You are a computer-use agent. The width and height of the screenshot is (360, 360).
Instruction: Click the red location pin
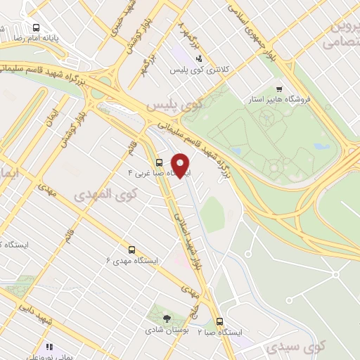(181, 165)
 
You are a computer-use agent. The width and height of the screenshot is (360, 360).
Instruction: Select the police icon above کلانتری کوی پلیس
(199, 59)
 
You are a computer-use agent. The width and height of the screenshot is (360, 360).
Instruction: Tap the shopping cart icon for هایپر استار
(280, 89)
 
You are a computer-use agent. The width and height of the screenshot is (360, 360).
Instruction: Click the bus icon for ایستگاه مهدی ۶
(131, 249)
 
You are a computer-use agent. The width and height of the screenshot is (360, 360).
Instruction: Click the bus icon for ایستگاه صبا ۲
(220, 321)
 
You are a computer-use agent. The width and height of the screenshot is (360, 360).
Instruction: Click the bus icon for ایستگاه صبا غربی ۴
(160, 162)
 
